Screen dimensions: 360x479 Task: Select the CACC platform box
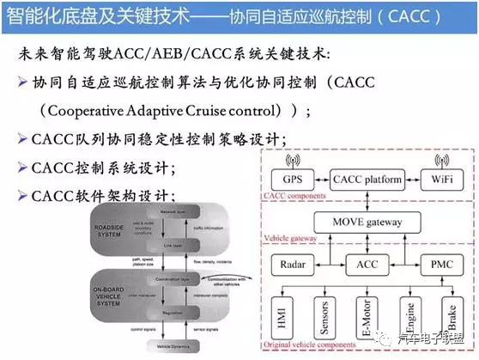point(363,181)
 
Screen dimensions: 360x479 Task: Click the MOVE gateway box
point(362,222)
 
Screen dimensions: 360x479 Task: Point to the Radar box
point(291,265)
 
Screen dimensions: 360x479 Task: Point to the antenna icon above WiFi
point(442,160)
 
